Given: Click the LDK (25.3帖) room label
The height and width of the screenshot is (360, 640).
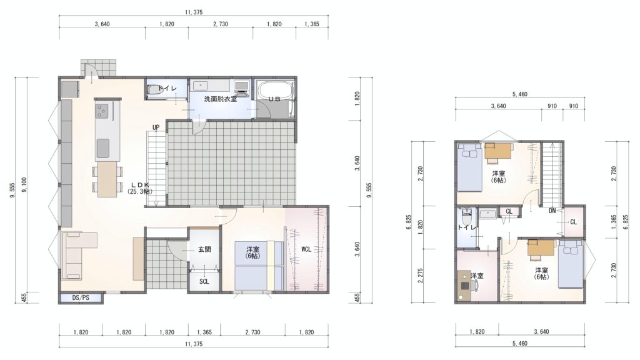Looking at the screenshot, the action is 140,187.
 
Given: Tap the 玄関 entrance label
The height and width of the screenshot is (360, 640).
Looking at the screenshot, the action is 204,249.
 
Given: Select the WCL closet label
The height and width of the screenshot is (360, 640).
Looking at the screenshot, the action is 306,249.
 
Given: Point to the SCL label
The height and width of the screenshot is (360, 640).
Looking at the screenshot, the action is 204,281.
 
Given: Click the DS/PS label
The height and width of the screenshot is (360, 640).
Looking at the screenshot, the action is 81,297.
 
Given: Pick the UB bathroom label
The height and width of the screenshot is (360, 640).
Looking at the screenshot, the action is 274,99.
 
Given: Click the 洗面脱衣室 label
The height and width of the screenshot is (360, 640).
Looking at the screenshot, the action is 221,99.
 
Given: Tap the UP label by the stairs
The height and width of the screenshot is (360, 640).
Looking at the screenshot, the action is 156,127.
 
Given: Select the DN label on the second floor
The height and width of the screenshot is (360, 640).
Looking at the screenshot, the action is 552,211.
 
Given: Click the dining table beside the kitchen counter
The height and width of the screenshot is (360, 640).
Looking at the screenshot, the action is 107,179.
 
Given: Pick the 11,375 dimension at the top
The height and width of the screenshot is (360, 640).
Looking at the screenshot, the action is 194,12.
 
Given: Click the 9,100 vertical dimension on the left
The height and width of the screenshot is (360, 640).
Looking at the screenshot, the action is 24,185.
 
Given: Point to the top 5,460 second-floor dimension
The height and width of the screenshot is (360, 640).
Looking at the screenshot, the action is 519,94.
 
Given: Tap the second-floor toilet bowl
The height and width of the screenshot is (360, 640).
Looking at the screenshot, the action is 466,215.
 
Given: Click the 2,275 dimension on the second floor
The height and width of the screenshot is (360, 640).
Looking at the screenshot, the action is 421,276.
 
